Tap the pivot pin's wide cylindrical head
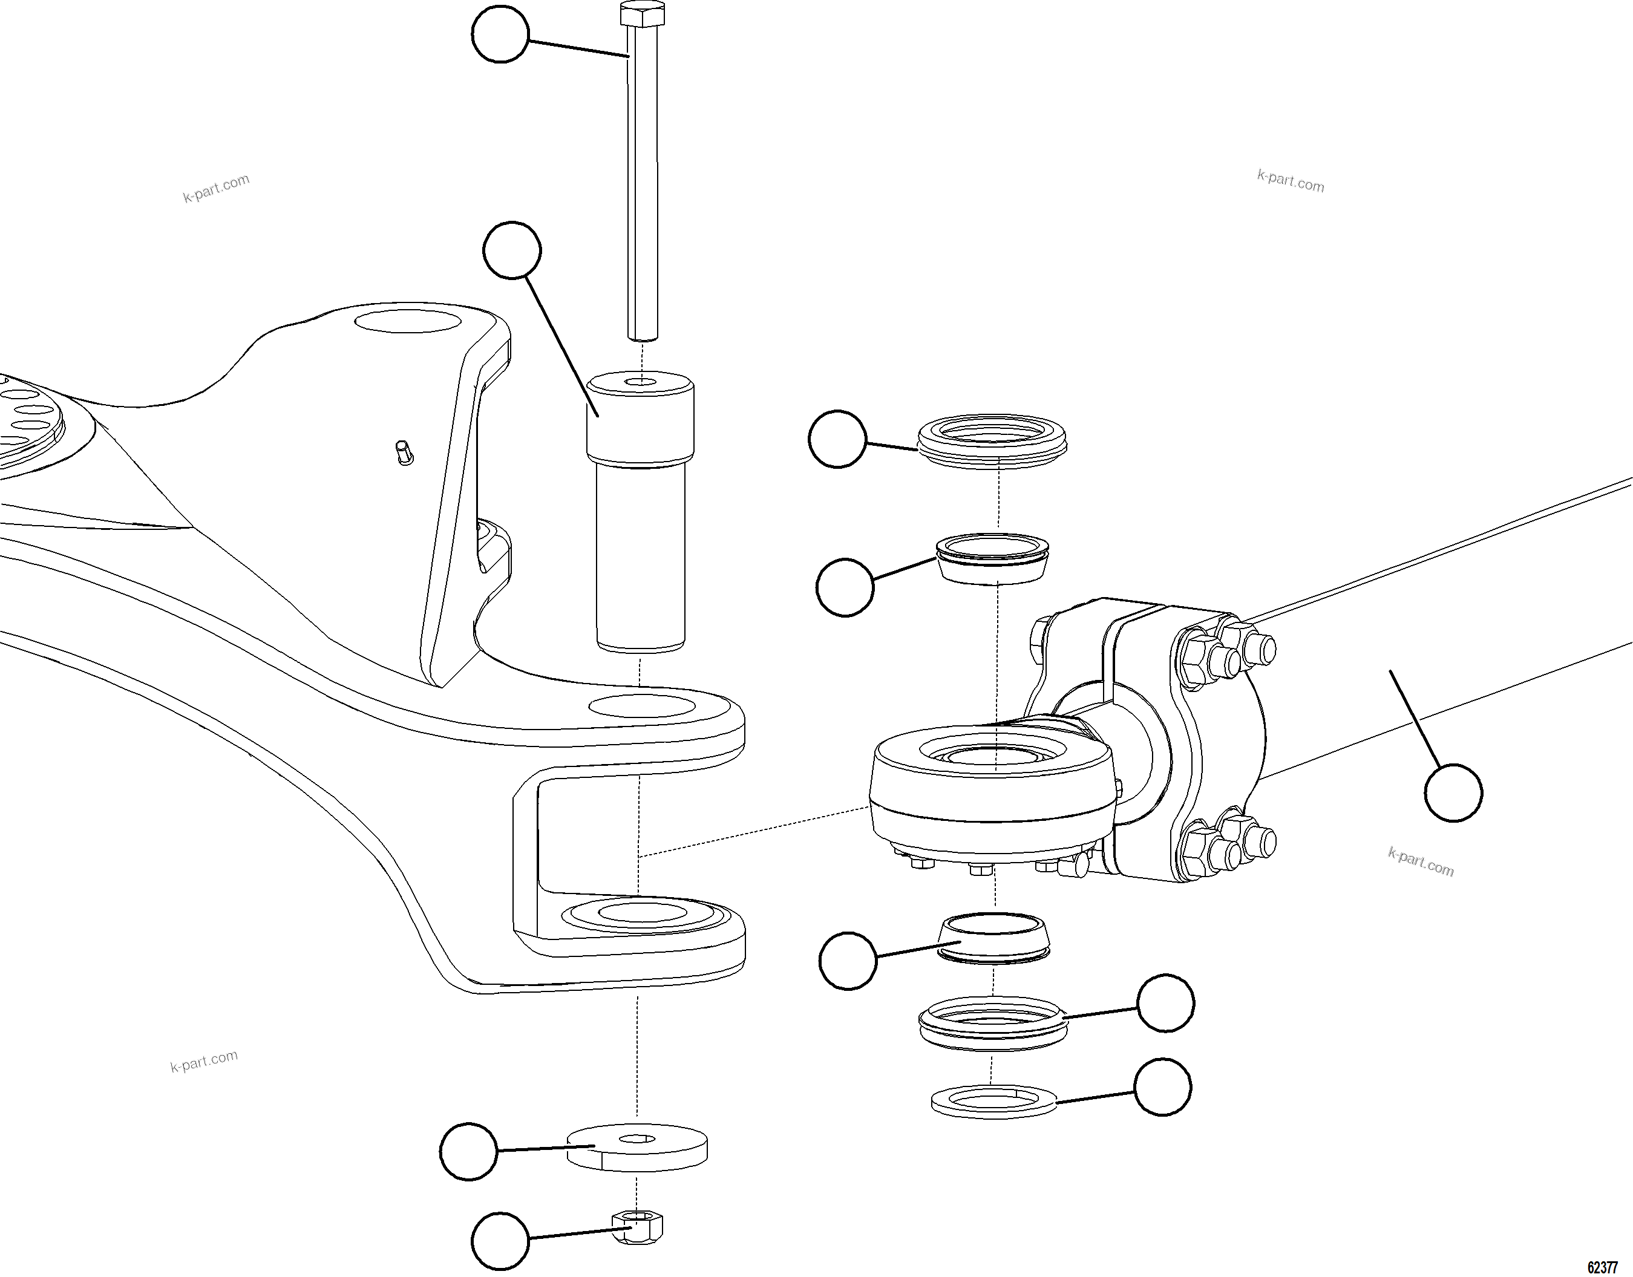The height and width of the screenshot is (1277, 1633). click(640, 419)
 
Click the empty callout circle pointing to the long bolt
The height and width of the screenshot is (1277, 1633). click(500, 34)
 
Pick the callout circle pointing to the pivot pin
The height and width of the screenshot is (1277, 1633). click(512, 250)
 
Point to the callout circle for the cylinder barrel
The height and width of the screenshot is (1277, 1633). click(1453, 792)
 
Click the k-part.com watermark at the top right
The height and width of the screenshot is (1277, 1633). click(1291, 181)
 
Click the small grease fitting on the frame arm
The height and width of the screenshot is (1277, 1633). click(403, 452)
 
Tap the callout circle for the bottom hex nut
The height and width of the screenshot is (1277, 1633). click(500, 1241)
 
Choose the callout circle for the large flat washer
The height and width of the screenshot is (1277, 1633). click(469, 1151)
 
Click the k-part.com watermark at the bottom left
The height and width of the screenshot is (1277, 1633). click(203, 1061)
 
